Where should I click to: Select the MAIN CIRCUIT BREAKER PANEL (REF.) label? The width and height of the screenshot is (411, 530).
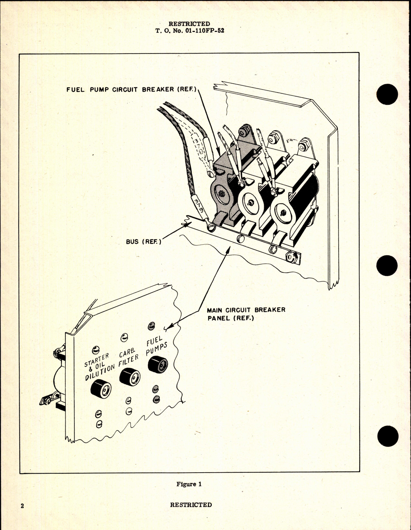(246, 314)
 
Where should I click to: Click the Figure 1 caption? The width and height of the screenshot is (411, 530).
(189, 484)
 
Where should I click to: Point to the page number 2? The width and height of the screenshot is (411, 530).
(22, 505)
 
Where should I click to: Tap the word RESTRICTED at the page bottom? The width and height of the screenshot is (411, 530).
(191, 505)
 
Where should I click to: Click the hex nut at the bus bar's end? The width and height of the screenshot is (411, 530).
(292, 257)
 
